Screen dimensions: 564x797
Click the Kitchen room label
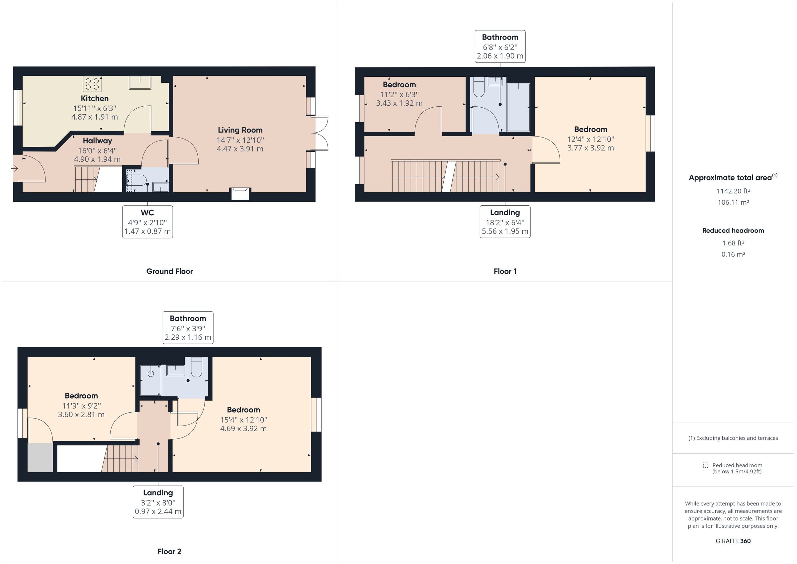point(95,98)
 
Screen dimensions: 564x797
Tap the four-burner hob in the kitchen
point(92,84)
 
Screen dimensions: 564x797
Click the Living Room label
point(240,130)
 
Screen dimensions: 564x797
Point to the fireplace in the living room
point(240,193)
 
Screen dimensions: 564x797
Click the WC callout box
point(147,222)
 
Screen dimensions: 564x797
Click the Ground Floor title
point(169,271)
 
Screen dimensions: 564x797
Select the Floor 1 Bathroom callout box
point(500,46)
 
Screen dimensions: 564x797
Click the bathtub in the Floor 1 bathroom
point(518,107)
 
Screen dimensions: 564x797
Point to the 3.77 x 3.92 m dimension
point(590,148)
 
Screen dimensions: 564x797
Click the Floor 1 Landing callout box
point(505,222)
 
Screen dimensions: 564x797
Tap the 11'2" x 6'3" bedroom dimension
point(399,94)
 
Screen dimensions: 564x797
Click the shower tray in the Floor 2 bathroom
point(151,380)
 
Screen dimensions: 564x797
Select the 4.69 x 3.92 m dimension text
point(243,428)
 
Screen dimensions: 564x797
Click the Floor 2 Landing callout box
point(158,502)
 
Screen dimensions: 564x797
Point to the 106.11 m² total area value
point(733,203)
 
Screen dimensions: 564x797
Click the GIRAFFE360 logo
point(733,541)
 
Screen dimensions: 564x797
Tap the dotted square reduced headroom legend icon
point(705,465)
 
